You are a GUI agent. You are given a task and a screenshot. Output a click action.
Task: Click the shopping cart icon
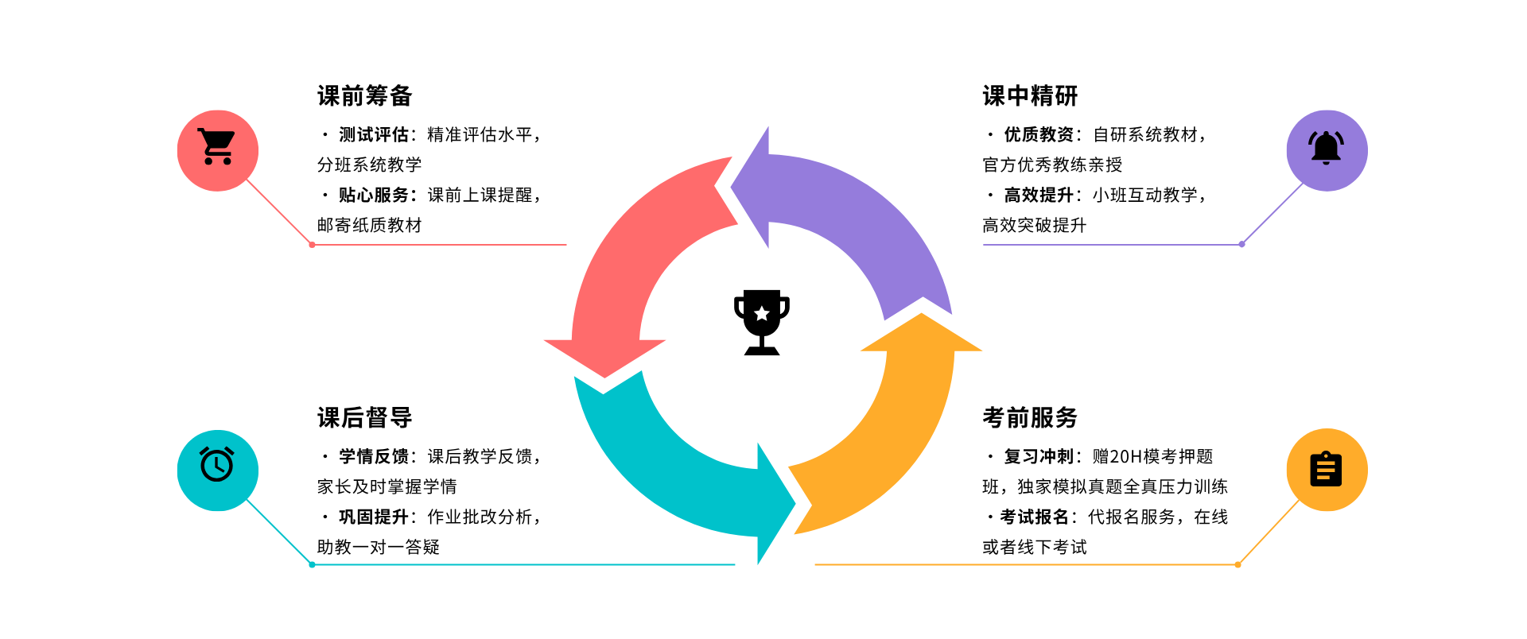[217, 148]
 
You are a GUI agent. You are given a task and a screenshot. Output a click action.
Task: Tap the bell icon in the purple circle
[1326, 149]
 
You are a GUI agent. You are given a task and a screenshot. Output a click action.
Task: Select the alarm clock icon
[217, 465]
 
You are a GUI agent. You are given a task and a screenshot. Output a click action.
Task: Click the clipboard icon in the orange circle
[1326, 469]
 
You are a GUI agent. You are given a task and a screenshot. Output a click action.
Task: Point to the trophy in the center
[762, 321]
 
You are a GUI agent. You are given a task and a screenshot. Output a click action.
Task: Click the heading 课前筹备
[364, 96]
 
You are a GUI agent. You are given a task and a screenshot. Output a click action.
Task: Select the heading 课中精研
[1030, 96]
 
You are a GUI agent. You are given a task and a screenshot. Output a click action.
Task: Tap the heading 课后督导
[364, 417]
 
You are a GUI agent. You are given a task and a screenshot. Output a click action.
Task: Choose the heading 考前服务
[1030, 417]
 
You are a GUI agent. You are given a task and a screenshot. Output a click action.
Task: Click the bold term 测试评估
[374, 135]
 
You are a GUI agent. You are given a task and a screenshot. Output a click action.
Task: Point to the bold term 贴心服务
[374, 196]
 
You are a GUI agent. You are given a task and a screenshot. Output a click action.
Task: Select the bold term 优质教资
[1039, 135]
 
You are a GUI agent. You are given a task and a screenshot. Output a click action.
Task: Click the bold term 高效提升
[1039, 196]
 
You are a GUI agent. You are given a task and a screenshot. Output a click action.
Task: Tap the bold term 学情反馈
[374, 457]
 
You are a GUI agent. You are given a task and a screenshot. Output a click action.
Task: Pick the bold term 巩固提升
[374, 517]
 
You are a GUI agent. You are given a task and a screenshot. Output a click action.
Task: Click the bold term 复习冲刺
[1039, 457]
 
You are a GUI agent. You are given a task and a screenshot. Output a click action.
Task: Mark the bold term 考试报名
[1035, 517]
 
